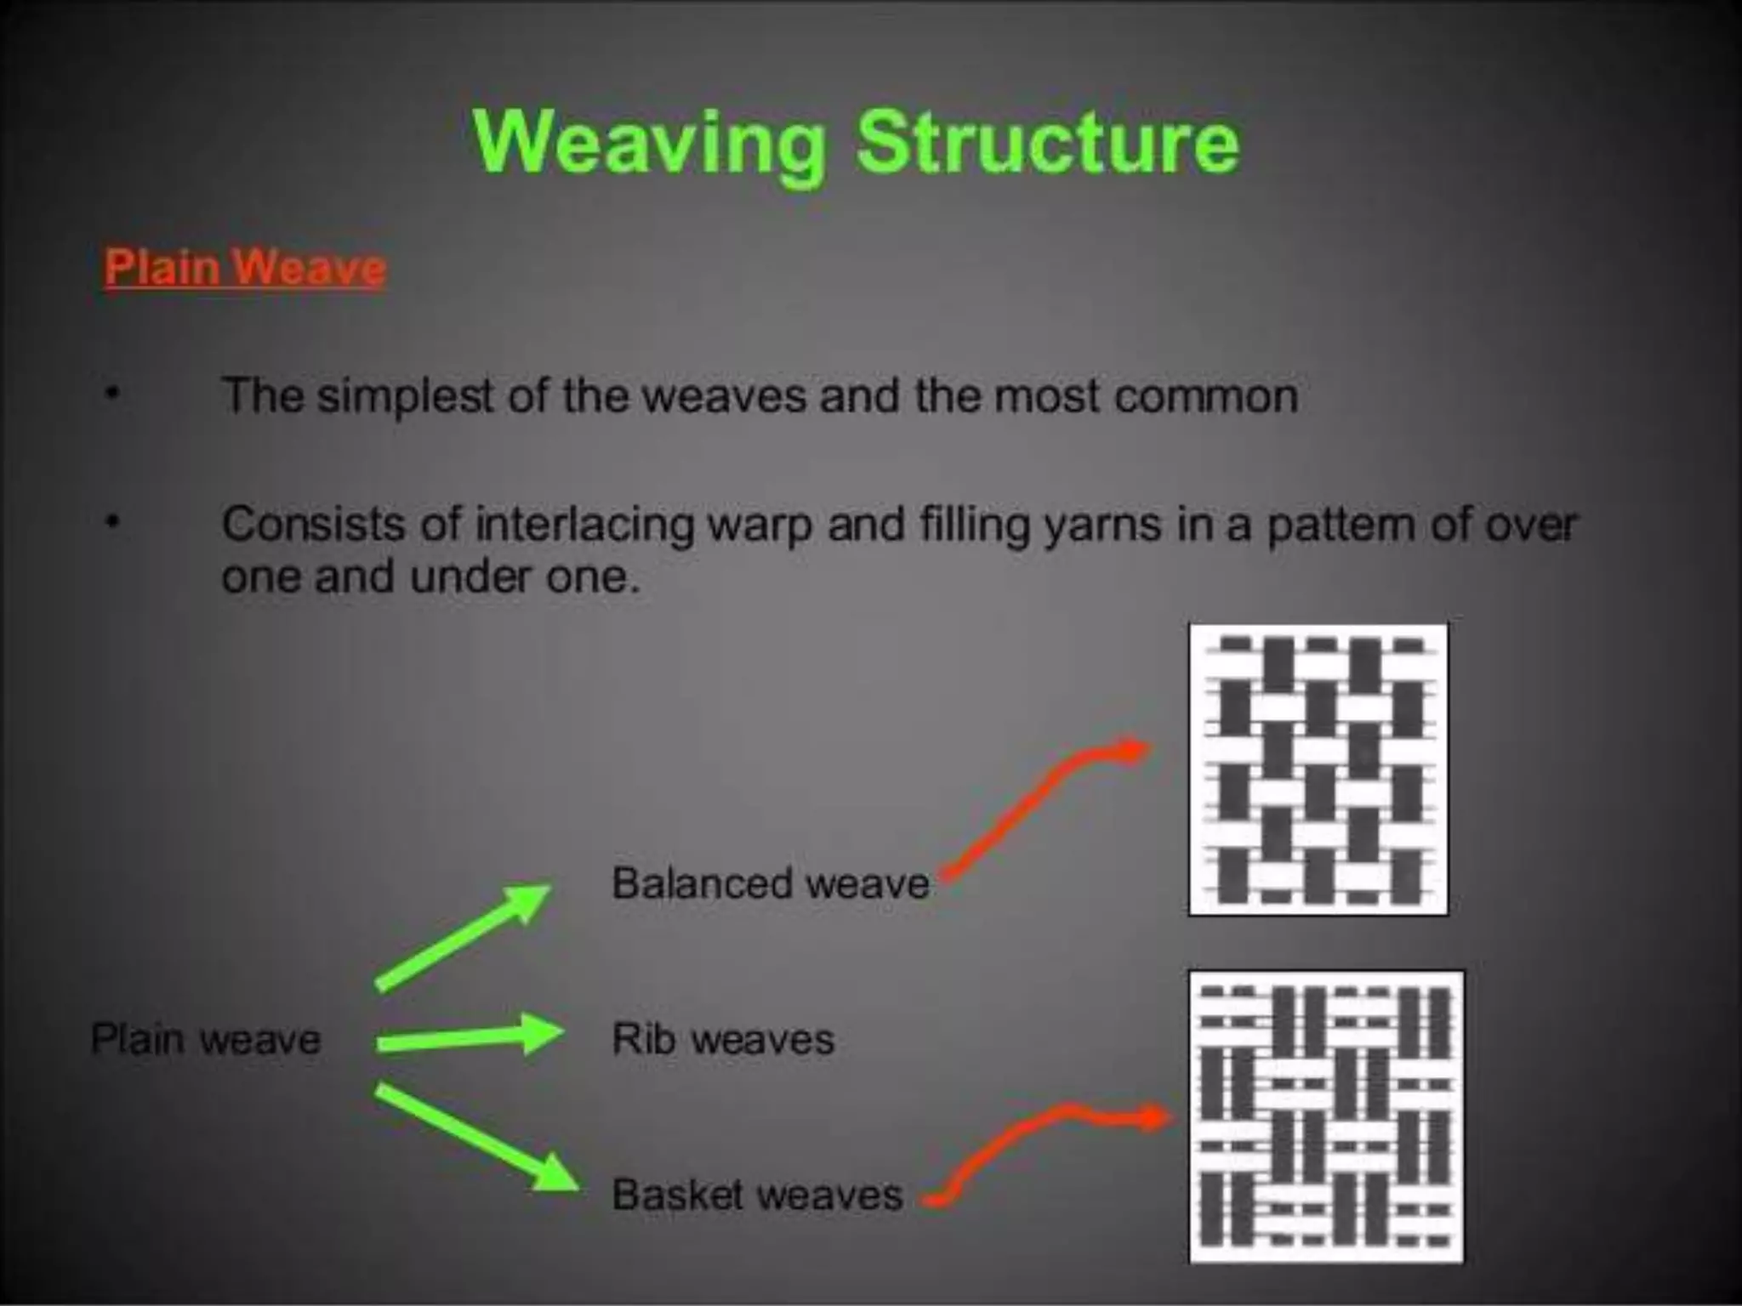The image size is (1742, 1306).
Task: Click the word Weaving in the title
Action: pos(649,144)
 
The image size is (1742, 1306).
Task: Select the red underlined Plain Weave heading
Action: pos(245,268)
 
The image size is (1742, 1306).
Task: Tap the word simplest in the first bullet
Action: pos(405,396)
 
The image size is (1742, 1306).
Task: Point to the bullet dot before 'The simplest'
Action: pos(111,394)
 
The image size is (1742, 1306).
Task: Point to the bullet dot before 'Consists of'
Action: pos(111,520)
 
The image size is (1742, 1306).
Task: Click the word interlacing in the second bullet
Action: pos(585,524)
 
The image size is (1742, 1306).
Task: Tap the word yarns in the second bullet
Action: pos(1102,524)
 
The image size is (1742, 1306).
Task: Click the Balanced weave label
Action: pos(771,883)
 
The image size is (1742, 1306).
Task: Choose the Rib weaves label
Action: pos(723,1039)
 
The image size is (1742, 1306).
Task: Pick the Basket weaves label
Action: pos(757,1195)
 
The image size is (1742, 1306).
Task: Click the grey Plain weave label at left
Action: pos(206,1039)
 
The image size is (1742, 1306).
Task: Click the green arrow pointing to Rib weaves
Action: pos(470,1036)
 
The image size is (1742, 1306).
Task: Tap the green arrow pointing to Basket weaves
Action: pos(476,1137)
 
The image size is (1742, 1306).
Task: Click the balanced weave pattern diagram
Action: pos(1318,769)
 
